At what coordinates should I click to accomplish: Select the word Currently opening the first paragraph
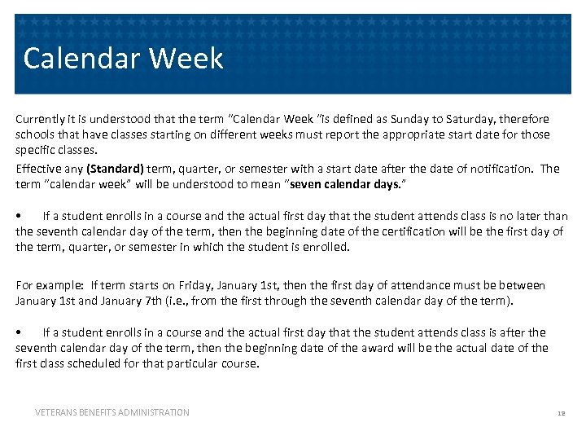pos(41,119)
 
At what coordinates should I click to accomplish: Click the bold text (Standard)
pos(115,169)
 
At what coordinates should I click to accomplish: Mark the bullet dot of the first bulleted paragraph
pos(19,216)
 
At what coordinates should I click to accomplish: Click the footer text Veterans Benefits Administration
pos(112,412)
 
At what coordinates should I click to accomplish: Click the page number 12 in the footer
pos(561,413)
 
